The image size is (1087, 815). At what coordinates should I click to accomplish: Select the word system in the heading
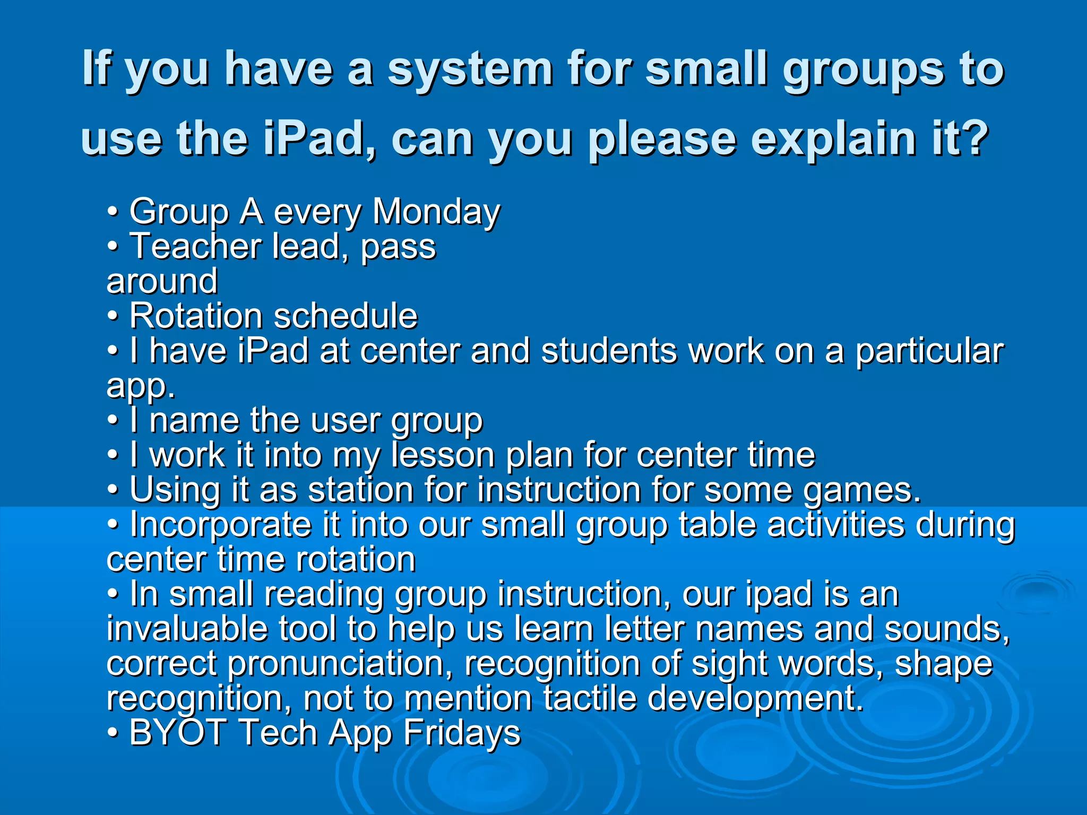(x=470, y=69)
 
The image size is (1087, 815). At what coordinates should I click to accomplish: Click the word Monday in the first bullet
(x=436, y=212)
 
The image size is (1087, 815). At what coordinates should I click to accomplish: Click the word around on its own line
(x=162, y=282)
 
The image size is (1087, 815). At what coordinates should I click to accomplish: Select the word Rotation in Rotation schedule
(x=196, y=316)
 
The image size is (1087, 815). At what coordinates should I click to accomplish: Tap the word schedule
(x=346, y=316)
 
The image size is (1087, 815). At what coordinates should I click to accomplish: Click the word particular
(x=929, y=351)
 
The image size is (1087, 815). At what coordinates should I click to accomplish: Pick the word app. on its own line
(x=141, y=386)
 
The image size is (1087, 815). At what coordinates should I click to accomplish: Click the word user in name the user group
(x=346, y=421)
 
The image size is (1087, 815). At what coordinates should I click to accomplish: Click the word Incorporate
(x=220, y=525)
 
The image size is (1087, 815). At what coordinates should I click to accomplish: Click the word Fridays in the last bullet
(x=462, y=734)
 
